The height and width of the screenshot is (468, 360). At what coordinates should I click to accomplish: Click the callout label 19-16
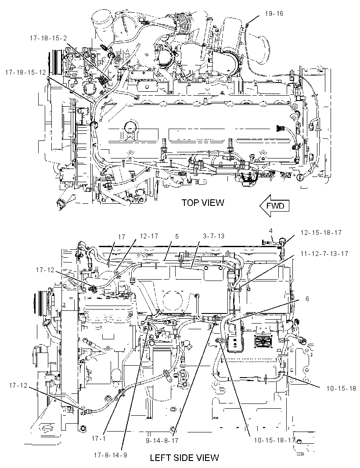274,14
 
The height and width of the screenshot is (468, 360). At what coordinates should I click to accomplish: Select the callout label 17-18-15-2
48,38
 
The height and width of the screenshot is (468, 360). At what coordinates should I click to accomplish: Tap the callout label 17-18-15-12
25,72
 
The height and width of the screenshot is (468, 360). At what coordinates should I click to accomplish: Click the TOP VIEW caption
203,203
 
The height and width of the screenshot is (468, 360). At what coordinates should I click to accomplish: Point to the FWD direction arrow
274,205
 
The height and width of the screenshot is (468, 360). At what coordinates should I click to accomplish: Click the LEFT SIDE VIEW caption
184,457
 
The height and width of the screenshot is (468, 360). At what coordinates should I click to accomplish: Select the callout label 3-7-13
213,236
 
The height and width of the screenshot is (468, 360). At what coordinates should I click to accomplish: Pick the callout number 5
177,236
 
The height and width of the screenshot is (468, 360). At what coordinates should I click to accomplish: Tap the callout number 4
270,230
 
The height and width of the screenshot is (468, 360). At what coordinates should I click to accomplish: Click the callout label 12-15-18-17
321,233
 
